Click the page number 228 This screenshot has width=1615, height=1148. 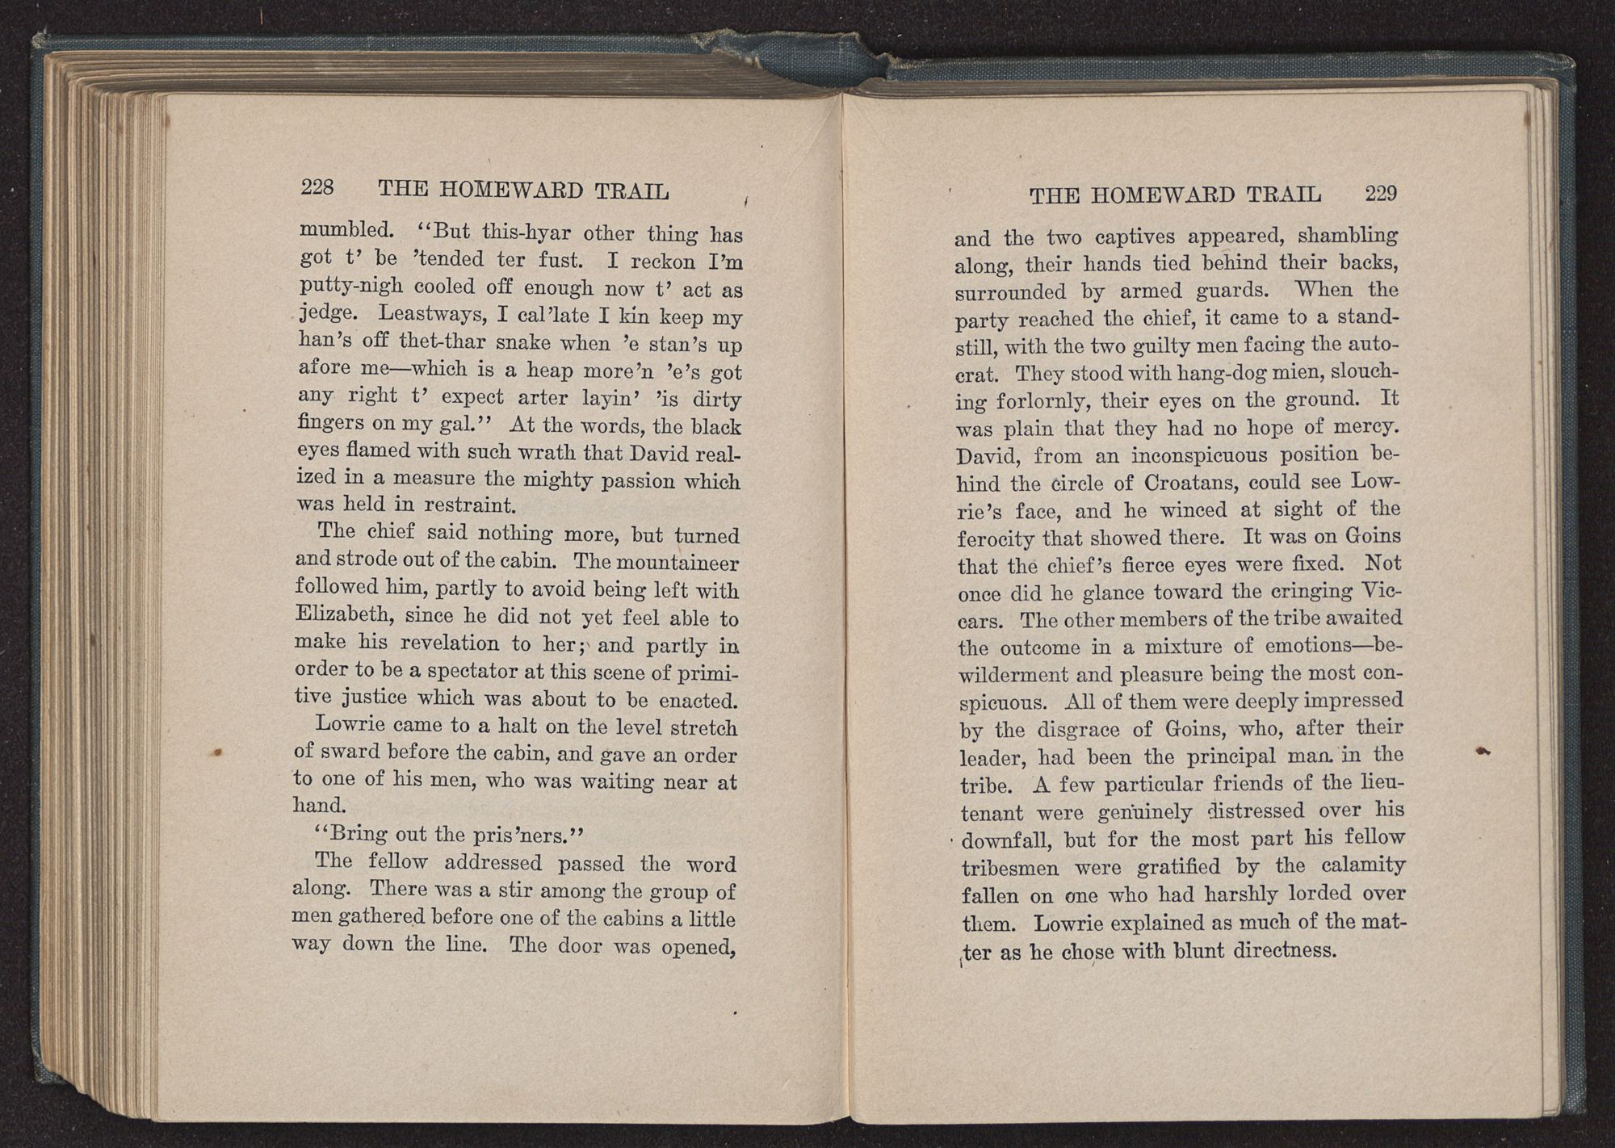[x=317, y=187]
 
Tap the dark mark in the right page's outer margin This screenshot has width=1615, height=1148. [x=1481, y=751]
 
